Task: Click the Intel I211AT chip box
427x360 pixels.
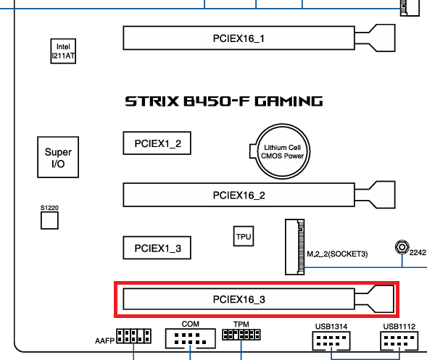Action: click(x=63, y=51)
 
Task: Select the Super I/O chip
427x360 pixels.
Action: click(x=58, y=157)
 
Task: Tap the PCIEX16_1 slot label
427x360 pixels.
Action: click(x=239, y=38)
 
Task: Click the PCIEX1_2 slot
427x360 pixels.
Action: click(x=157, y=143)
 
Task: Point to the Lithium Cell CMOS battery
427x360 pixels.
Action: click(x=282, y=151)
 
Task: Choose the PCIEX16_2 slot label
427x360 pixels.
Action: click(x=239, y=195)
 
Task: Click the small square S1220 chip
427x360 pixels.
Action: click(x=49, y=220)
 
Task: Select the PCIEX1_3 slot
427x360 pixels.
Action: click(x=157, y=248)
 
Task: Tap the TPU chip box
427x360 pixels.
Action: click(x=244, y=236)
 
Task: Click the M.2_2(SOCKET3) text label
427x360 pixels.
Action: click(x=337, y=254)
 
